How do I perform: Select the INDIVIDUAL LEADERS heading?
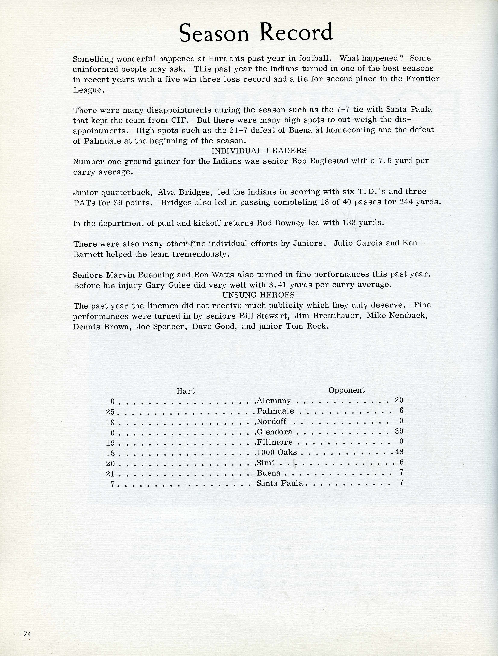point(259,151)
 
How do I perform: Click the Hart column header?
point(186,391)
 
